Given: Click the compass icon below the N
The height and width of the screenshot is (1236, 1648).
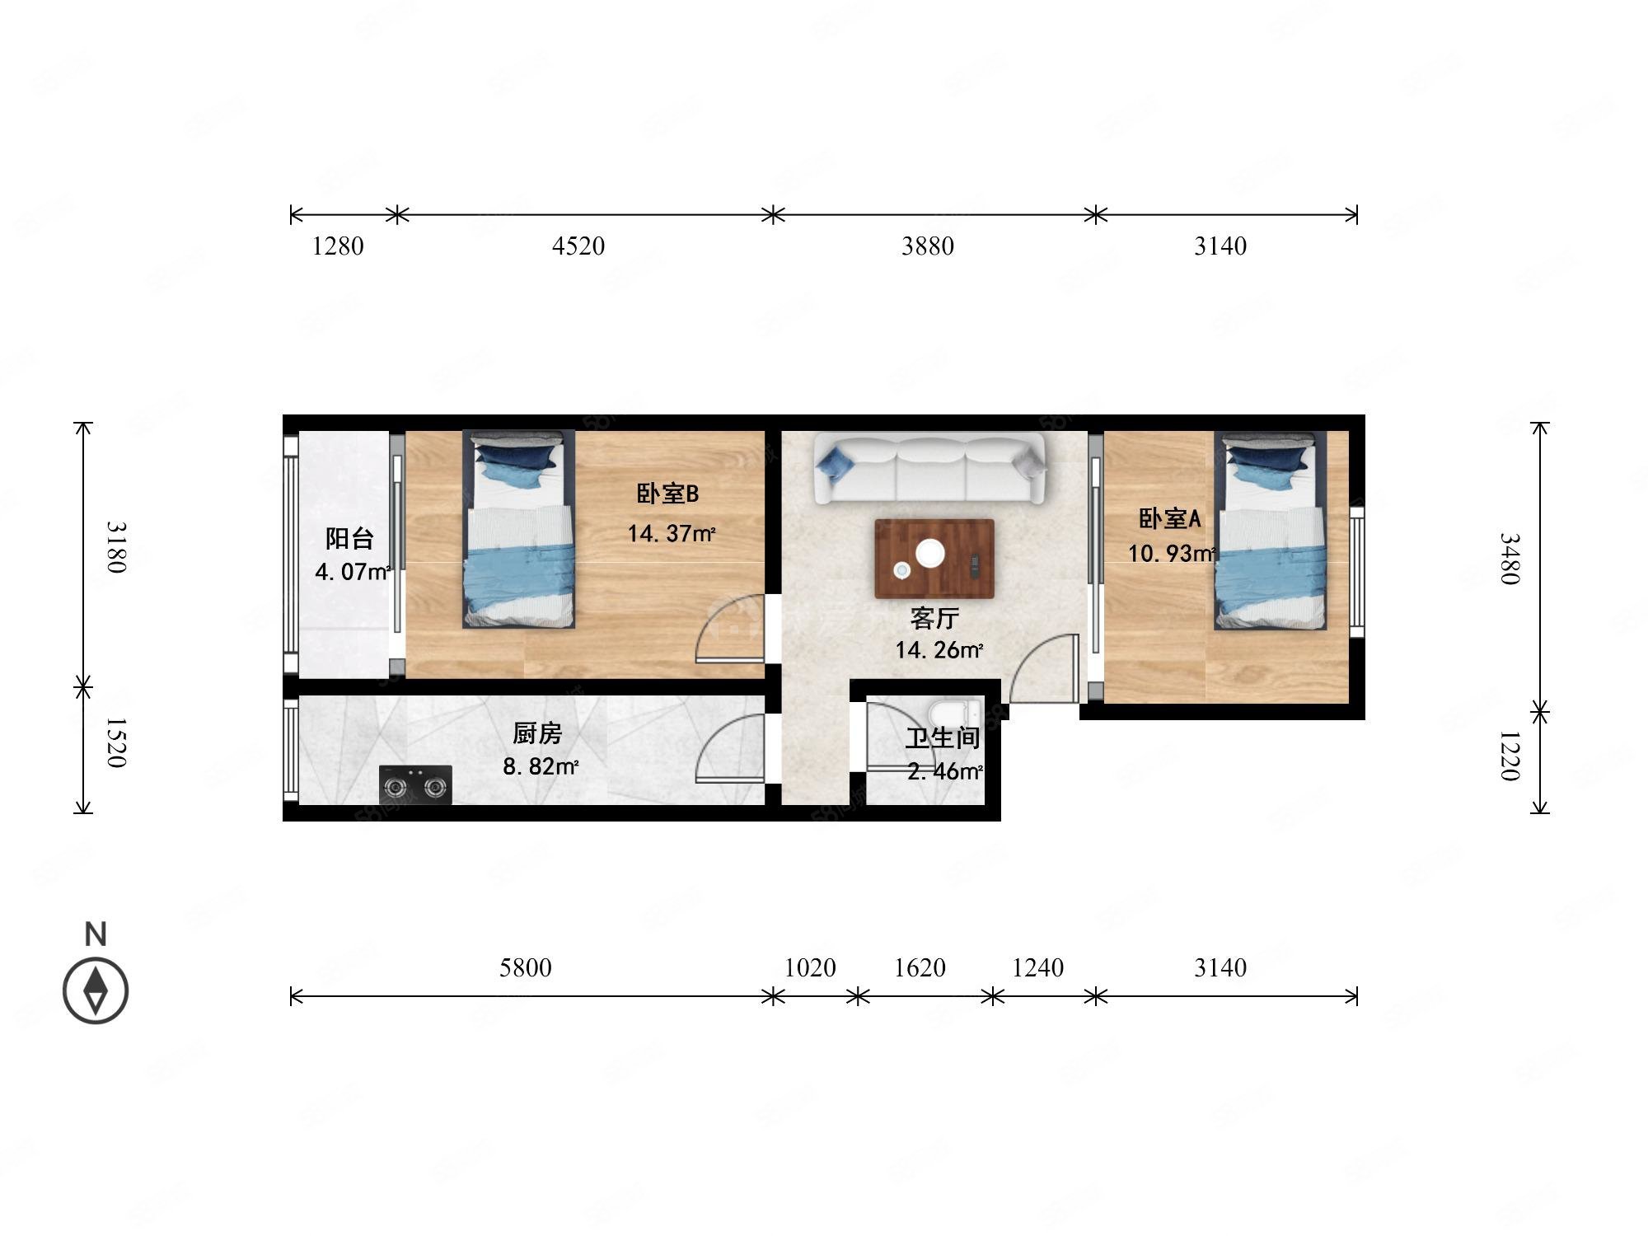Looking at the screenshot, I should coord(96,991).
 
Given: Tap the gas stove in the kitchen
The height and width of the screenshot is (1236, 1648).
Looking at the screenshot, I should coord(415,785).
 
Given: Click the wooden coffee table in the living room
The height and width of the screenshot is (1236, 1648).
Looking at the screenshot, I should coord(934,559).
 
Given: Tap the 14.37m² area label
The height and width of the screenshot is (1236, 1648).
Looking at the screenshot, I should coord(671,534).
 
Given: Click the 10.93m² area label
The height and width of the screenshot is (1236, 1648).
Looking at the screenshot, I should coord(1171,554).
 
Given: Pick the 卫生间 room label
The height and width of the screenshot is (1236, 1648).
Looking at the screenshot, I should coord(943,738).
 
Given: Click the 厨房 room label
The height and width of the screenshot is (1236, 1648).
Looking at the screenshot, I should coord(537,733).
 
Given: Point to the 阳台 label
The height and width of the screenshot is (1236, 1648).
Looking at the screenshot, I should coord(349,539).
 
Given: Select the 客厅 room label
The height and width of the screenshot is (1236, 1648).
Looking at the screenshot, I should coord(934,618).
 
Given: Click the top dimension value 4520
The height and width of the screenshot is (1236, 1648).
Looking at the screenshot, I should coord(578,246).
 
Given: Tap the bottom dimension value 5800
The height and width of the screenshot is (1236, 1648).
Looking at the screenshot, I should coord(525,967).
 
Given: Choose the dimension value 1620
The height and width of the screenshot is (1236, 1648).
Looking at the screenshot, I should coord(920,967).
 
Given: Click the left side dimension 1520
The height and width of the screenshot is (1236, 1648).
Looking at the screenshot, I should coord(116,742).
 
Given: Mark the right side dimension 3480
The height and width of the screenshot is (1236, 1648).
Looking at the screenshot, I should coord(1509,559).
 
